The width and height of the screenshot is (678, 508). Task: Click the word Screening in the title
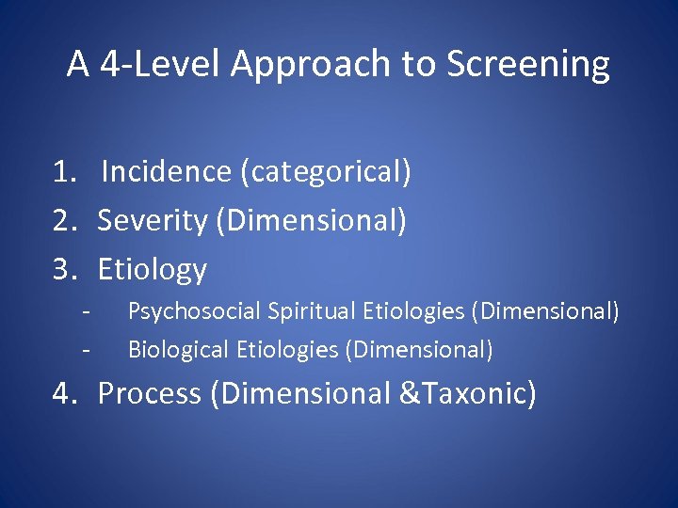(528, 64)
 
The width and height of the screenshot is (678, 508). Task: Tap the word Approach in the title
(311, 65)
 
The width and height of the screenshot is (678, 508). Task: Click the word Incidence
(167, 171)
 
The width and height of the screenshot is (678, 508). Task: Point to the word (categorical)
(326, 172)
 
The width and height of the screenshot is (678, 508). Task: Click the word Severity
(153, 221)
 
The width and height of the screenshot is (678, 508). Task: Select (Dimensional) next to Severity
(312, 220)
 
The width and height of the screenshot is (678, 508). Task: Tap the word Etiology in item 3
(153, 270)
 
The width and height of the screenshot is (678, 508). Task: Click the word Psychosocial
(194, 311)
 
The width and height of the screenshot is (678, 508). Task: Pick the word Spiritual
(312, 311)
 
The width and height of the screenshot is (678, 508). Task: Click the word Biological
(178, 349)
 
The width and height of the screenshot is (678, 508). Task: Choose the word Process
(150, 393)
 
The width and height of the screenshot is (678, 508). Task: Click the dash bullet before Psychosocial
(87, 312)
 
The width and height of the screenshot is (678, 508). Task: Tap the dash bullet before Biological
(87, 350)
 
